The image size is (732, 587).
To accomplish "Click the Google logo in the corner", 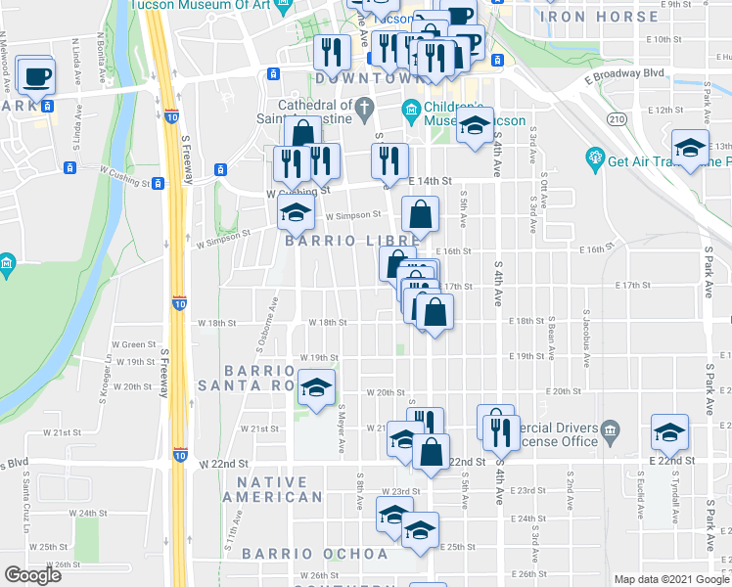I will [x=32, y=575].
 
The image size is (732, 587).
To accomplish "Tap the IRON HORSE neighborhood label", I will [x=599, y=17].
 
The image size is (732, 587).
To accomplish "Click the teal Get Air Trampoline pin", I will [x=594, y=157].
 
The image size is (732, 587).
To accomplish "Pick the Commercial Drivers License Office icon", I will [x=610, y=430].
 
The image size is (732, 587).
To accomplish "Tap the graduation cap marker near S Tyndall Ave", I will [x=669, y=430].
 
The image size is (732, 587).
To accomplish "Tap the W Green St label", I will [x=134, y=344].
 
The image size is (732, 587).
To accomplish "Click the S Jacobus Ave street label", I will [x=587, y=343].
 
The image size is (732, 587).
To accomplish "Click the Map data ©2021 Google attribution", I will [x=671, y=578].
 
